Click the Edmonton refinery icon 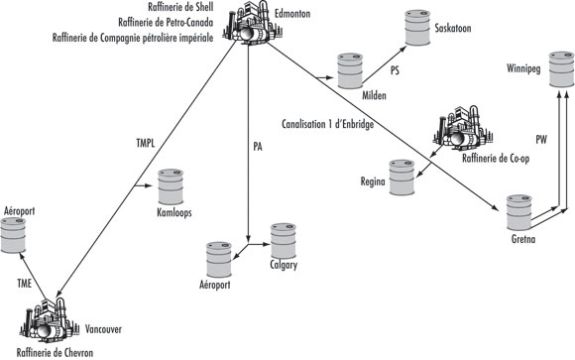tap(246, 27)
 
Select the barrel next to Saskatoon tap(414, 27)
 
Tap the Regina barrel tap(401, 177)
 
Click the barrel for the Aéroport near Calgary tap(217, 258)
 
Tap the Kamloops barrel tap(171, 185)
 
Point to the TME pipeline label tap(28, 283)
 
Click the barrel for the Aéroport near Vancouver tap(14, 235)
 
